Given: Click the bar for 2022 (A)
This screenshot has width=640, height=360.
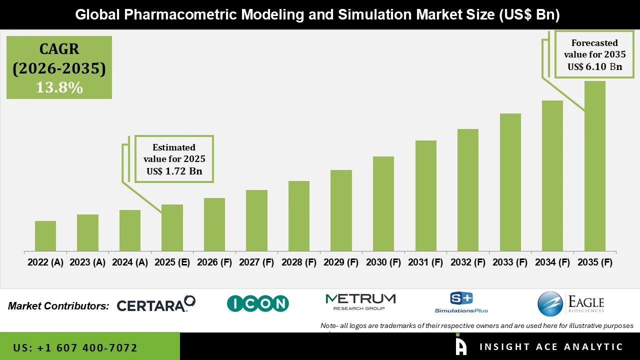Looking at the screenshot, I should [45, 236].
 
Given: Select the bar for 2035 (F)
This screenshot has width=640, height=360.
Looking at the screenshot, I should [594, 166].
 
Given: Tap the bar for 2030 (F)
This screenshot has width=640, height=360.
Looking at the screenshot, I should [383, 204].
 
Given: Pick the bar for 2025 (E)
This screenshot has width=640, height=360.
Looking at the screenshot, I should [172, 228].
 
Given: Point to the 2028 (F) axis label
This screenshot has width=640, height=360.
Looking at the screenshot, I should [299, 262].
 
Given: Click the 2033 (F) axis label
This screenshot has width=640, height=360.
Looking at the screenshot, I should [510, 262].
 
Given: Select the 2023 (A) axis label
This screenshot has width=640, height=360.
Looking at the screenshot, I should [87, 262].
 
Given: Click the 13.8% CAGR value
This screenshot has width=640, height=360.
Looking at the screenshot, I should [59, 87].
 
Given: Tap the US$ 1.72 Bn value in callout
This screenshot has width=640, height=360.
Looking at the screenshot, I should [174, 171].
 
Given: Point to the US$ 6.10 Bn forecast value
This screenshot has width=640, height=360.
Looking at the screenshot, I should [594, 66].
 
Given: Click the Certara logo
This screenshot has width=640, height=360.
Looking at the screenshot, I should [156, 304].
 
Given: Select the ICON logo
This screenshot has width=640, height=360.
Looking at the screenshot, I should [258, 303].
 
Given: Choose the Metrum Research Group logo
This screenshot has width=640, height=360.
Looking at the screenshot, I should [360, 301].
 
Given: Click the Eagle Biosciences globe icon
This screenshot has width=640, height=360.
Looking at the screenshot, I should [550, 304].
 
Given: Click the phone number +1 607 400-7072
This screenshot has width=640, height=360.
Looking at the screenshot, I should [75, 347].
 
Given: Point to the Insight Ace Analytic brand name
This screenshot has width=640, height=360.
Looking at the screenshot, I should [551, 347].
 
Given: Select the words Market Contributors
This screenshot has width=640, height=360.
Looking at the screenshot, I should [58, 306].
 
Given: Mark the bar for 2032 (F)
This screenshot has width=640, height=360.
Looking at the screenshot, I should [467, 190].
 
